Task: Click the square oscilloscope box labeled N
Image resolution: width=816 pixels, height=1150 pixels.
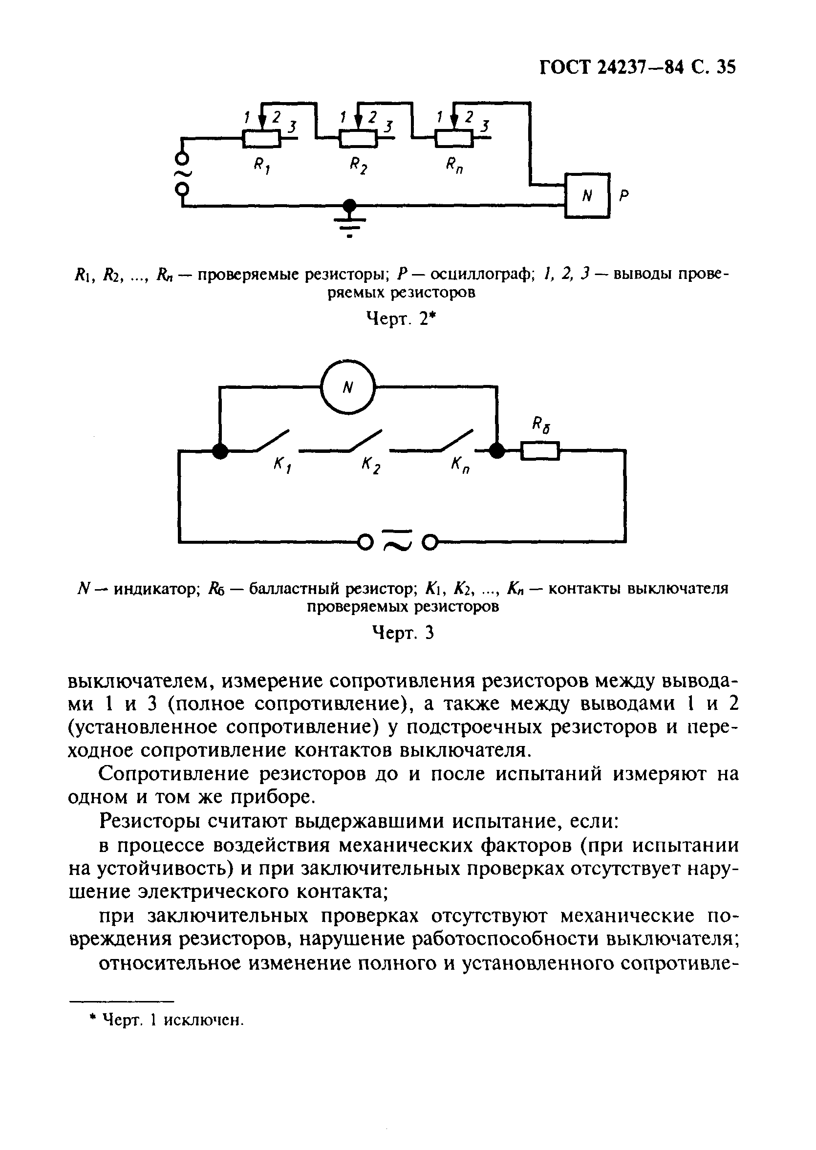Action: click(587, 195)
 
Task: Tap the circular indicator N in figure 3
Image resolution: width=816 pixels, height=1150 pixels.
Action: click(348, 387)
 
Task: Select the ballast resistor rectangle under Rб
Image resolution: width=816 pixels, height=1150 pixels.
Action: click(539, 450)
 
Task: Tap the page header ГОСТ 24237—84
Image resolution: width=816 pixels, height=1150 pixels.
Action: click(611, 67)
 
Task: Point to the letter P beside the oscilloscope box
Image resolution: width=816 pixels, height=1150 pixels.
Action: click(623, 195)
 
